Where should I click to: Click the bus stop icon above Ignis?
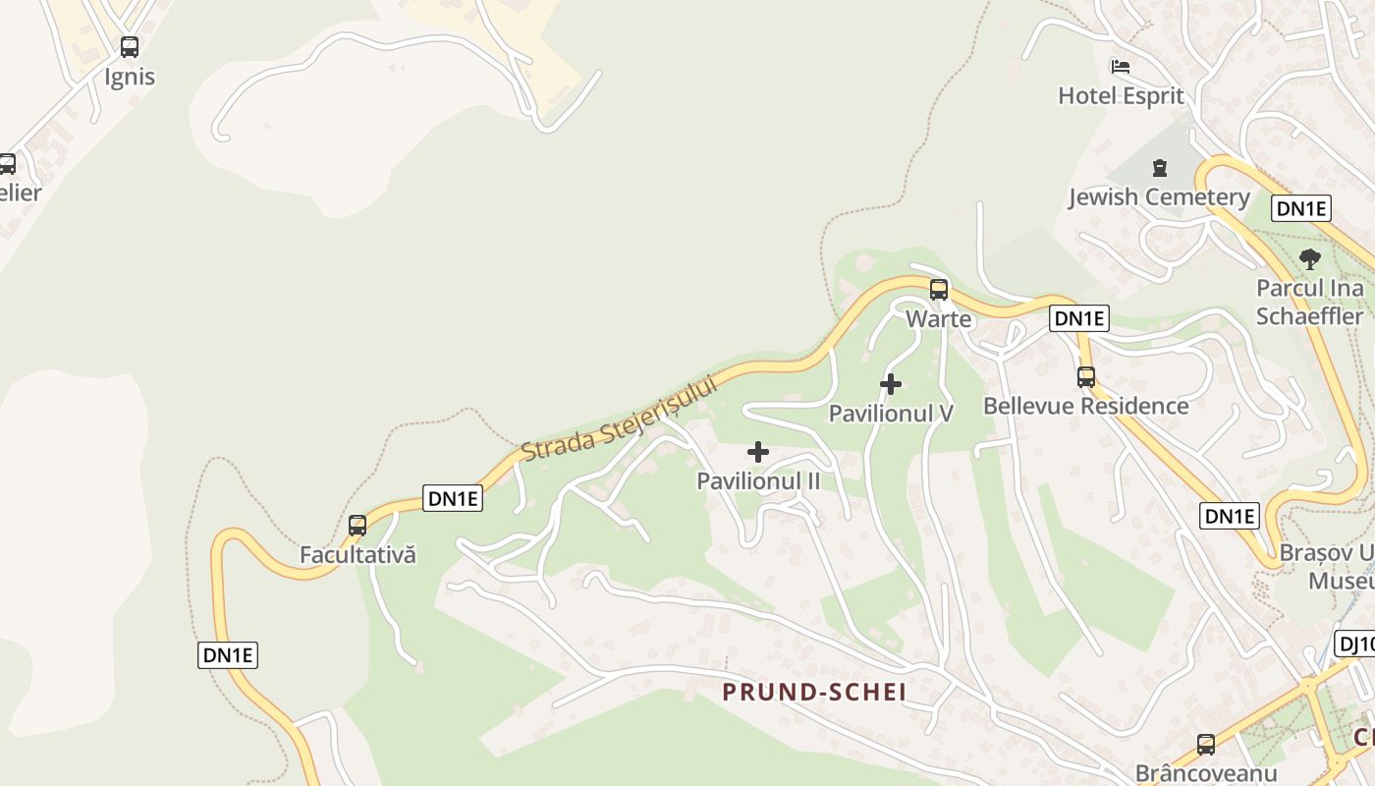[130, 46]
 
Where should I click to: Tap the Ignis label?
[130, 77]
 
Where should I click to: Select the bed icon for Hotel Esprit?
[1121, 66]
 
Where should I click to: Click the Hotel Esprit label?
[1121, 96]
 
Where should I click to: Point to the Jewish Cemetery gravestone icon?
[1159, 167]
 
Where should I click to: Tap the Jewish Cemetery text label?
[1159, 197]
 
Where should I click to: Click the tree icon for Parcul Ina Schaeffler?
[1309, 259]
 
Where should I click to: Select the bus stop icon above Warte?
[939, 289]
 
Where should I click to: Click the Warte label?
[939, 319]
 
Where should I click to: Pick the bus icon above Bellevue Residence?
[1086, 376]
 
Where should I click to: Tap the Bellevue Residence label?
[1086, 406]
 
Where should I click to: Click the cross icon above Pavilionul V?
[891, 383]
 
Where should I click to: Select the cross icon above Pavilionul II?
[758, 452]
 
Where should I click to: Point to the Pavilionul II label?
[758, 481]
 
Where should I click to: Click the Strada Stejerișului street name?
[620, 419]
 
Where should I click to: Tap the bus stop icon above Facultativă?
[357, 525]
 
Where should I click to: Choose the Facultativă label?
[357, 555]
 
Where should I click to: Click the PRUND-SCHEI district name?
[814, 693]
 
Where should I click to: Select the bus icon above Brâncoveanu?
[1206, 744]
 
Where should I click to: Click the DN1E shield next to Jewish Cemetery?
[1301, 208]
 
